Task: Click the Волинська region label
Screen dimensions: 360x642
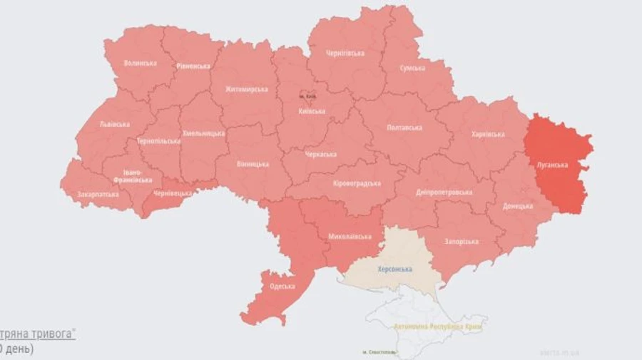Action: [x=140, y=63]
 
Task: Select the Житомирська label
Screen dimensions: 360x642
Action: [x=246, y=89]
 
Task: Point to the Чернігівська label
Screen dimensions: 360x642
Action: [x=345, y=53]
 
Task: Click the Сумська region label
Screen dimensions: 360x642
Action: [x=412, y=68]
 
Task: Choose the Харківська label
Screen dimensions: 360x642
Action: [x=488, y=134]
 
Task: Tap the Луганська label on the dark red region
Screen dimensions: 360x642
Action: [x=553, y=164]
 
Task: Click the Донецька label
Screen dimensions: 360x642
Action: [x=517, y=206]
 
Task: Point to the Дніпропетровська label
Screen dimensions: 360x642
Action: [x=443, y=192]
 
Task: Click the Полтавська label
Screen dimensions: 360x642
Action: [x=404, y=128]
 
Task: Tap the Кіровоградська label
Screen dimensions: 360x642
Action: [x=357, y=183]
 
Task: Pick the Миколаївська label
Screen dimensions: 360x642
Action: [x=350, y=236]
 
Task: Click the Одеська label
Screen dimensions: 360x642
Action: [x=282, y=287]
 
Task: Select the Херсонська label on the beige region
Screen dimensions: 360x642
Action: [x=394, y=269]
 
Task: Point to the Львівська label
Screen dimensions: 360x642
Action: [x=114, y=124]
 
